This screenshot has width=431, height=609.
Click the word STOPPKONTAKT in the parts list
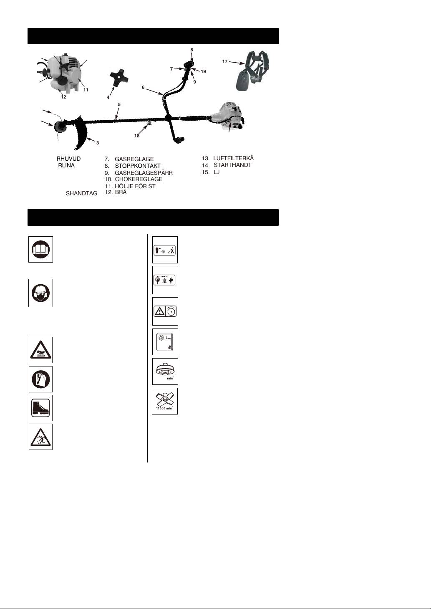coord(137,166)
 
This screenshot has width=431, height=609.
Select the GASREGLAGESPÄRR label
coord(144,173)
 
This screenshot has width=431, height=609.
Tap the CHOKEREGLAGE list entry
coord(139,179)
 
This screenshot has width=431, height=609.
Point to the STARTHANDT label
coord(232,165)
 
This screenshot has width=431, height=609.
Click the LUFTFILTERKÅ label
coord(233,158)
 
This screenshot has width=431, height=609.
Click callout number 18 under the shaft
coord(137,136)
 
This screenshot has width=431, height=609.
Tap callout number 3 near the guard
coord(98,143)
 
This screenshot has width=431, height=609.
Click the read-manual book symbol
coord(41,250)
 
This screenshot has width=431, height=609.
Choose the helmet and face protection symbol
coord(41,293)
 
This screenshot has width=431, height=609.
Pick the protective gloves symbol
coord(41,379)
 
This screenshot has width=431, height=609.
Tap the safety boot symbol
coord(41,408)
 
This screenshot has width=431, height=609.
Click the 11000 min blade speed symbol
coord(165,401)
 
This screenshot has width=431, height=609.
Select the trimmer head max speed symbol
coord(165,371)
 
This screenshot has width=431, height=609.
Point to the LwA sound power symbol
coord(165,342)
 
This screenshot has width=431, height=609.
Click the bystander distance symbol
coord(165,250)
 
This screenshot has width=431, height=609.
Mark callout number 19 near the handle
coord(203,71)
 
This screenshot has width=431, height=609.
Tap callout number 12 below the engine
coord(63,97)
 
